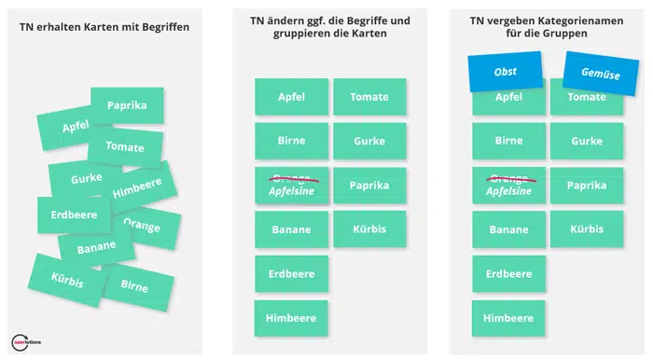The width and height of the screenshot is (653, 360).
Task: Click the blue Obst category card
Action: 505,71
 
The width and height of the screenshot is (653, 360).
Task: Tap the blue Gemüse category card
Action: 600,74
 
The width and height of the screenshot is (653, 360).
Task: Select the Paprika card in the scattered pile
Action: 127,105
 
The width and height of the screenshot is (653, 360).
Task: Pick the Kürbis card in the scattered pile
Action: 67,277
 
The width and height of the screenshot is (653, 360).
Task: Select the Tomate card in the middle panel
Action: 369,97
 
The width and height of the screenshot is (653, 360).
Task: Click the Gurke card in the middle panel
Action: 369,141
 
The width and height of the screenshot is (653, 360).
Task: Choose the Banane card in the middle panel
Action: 291,229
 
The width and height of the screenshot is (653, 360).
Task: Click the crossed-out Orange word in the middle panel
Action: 291,176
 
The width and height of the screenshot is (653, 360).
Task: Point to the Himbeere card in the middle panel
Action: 291,318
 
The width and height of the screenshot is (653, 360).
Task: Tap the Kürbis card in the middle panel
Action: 369,229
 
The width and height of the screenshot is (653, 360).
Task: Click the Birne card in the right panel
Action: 508,141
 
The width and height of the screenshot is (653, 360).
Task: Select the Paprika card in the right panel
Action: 587,185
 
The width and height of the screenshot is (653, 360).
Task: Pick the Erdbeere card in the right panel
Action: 508,273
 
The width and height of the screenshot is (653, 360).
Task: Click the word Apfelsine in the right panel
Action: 508,190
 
